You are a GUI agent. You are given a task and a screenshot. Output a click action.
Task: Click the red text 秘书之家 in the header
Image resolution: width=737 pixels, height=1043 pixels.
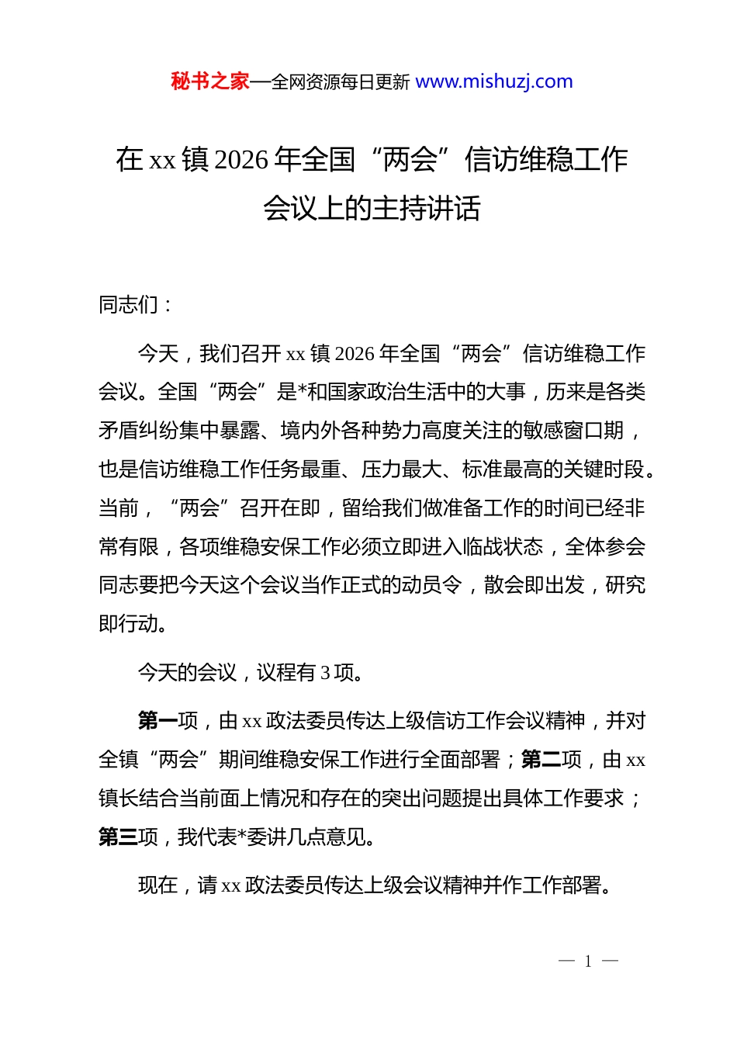[209, 81]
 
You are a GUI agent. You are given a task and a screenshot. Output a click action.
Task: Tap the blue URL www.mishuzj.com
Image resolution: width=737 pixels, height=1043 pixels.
[494, 81]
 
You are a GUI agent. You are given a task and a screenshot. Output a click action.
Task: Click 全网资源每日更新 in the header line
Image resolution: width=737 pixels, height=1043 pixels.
[341, 82]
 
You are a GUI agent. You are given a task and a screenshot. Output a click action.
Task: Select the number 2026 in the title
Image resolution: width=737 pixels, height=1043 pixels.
[241, 160]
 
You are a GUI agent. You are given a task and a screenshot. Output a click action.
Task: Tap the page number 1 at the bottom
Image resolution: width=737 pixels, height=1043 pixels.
[588, 962]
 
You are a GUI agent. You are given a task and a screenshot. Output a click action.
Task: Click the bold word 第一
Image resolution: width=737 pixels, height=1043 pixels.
[158, 721]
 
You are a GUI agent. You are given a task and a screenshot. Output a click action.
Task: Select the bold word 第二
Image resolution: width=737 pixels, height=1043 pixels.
[542, 760]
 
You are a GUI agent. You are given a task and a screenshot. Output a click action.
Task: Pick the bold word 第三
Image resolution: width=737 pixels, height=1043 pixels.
[119, 837]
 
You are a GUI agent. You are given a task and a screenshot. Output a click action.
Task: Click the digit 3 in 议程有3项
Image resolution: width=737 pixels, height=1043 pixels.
[325, 673]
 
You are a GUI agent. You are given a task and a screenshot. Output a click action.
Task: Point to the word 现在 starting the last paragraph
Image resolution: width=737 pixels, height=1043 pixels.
[158, 885]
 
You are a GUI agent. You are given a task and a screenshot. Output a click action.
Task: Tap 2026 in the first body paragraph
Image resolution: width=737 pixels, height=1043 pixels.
[356, 354]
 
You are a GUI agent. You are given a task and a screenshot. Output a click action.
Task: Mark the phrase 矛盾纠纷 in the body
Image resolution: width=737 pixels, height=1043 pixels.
[139, 431]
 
